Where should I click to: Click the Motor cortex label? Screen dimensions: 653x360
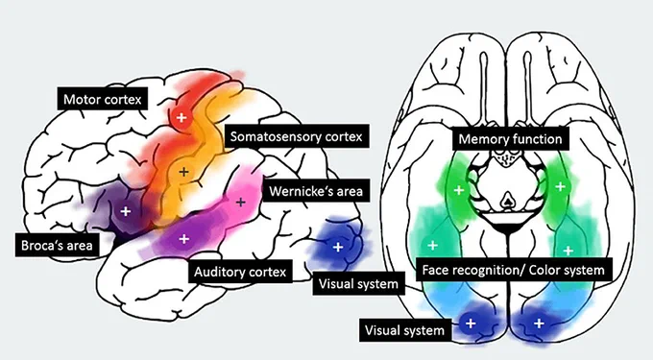[103, 99]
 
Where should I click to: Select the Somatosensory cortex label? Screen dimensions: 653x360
[297, 136]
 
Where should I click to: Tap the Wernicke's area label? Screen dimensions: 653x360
[316, 191]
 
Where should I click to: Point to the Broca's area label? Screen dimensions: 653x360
[57, 245]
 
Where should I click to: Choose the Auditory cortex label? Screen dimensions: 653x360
[240, 272]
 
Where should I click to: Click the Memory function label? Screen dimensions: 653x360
[511, 138]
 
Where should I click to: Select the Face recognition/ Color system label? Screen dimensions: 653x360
[514, 270]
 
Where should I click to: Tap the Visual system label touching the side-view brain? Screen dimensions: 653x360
[358, 284]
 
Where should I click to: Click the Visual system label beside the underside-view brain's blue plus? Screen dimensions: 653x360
[405, 330]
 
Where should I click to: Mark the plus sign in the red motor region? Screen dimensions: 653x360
[181, 117]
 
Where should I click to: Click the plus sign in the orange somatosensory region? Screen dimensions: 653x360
[183, 172]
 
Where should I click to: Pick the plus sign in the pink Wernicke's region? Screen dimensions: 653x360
[241, 203]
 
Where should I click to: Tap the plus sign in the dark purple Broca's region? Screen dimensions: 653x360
[126, 211]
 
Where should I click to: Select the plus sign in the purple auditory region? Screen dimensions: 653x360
[184, 239]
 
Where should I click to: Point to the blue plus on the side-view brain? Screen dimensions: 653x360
[338, 248]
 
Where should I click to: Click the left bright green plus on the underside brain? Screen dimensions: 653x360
[459, 190]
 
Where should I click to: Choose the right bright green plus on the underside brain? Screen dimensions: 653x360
[561, 186]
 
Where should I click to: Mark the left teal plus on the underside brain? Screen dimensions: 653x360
[433, 245]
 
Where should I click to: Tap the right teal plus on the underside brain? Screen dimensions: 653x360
[568, 251]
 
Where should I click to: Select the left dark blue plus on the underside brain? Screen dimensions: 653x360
[471, 323]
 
